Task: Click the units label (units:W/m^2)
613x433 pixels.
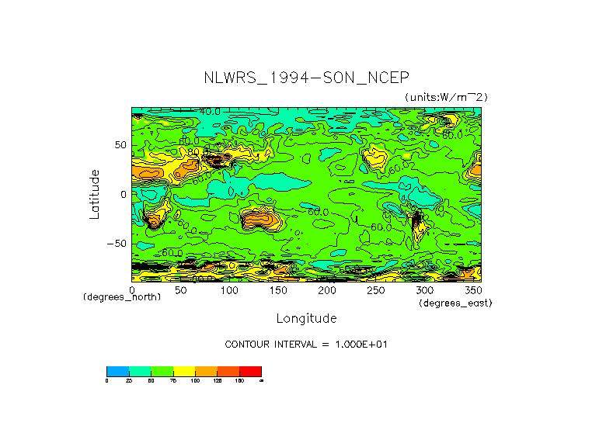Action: point(446,96)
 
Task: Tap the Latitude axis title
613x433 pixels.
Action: point(94,194)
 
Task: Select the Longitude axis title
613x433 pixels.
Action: point(306,318)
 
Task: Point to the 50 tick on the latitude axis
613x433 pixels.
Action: point(120,145)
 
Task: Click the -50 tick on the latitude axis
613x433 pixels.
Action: point(117,243)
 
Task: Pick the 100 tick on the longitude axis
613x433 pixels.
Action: point(229,290)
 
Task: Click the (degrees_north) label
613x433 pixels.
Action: point(122,298)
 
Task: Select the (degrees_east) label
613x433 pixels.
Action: point(455,303)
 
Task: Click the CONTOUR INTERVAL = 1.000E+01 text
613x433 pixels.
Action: point(305,344)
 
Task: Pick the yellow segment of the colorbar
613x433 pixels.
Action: point(183,371)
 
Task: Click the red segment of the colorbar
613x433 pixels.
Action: point(250,371)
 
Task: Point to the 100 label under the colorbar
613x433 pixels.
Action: point(194,380)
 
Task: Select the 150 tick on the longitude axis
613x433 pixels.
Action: point(278,290)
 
